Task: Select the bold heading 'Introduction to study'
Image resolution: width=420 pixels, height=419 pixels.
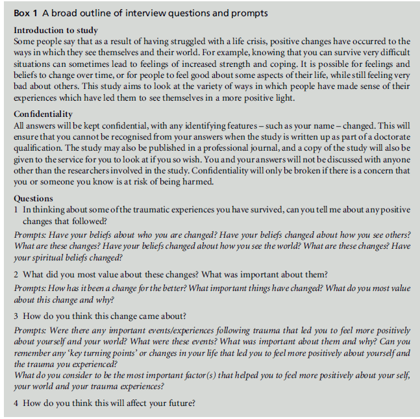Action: click(x=56, y=31)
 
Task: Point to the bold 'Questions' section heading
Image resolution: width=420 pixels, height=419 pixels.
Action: click(x=33, y=199)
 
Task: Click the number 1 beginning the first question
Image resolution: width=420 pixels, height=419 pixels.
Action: click(x=16, y=210)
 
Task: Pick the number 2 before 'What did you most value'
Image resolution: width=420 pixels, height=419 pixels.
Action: click(x=16, y=274)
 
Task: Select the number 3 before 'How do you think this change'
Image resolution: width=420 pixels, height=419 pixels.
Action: click(x=16, y=316)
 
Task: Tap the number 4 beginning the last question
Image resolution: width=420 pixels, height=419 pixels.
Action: click(x=16, y=402)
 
